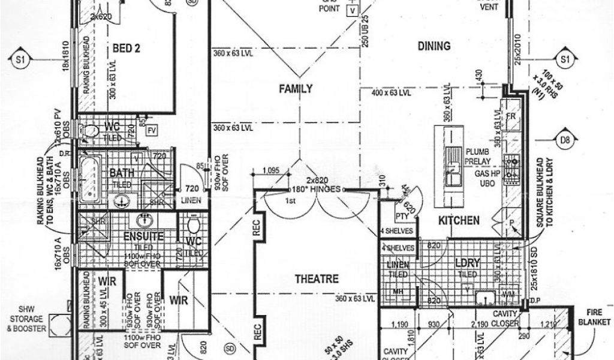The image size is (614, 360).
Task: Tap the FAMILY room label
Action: (296, 89)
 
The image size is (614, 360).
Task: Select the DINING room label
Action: (435, 46)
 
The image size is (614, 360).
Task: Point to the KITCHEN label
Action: (459, 220)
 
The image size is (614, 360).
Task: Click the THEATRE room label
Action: (317, 279)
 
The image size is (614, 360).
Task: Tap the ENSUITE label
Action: (144, 236)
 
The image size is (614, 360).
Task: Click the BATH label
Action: (121, 173)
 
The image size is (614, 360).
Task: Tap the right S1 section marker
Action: (564, 59)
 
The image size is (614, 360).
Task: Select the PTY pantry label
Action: (402, 215)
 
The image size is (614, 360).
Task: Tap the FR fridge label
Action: (511, 116)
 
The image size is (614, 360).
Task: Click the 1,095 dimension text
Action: (271, 169)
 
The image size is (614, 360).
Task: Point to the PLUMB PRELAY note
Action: (478, 157)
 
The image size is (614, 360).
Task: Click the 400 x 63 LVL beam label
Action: (391, 93)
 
